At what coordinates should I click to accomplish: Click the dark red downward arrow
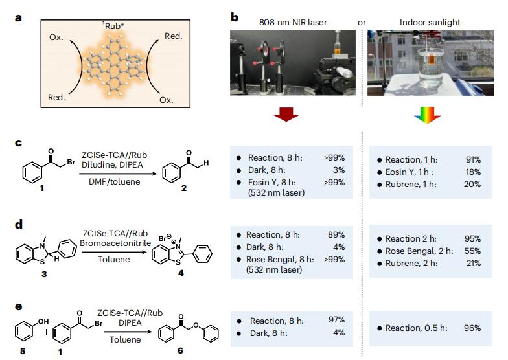click(x=286, y=114)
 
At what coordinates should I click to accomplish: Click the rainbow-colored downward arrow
click(x=427, y=115)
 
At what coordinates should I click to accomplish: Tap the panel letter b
click(x=235, y=17)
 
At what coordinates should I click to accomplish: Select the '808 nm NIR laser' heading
click(x=293, y=22)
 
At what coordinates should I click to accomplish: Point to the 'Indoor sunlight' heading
click(x=430, y=22)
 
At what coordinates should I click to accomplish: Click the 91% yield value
click(x=473, y=159)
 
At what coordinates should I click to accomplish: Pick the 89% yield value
click(x=336, y=234)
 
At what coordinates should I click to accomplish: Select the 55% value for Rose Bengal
click(x=473, y=251)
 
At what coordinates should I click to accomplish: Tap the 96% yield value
click(x=472, y=328)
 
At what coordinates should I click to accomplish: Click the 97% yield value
click(x=337, y=320)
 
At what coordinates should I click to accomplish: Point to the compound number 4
click(x=181, y=273)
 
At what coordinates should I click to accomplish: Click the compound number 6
click(x=180, y=351)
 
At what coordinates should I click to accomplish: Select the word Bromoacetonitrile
click(x=115, y=243)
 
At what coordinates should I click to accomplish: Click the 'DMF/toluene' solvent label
click(x=114, y=181)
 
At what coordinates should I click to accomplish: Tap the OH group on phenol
click(x=43, y=321)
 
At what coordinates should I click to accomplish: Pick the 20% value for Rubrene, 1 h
click(x=472, y=184)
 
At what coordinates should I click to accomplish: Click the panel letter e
click(x=19, y=307)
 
